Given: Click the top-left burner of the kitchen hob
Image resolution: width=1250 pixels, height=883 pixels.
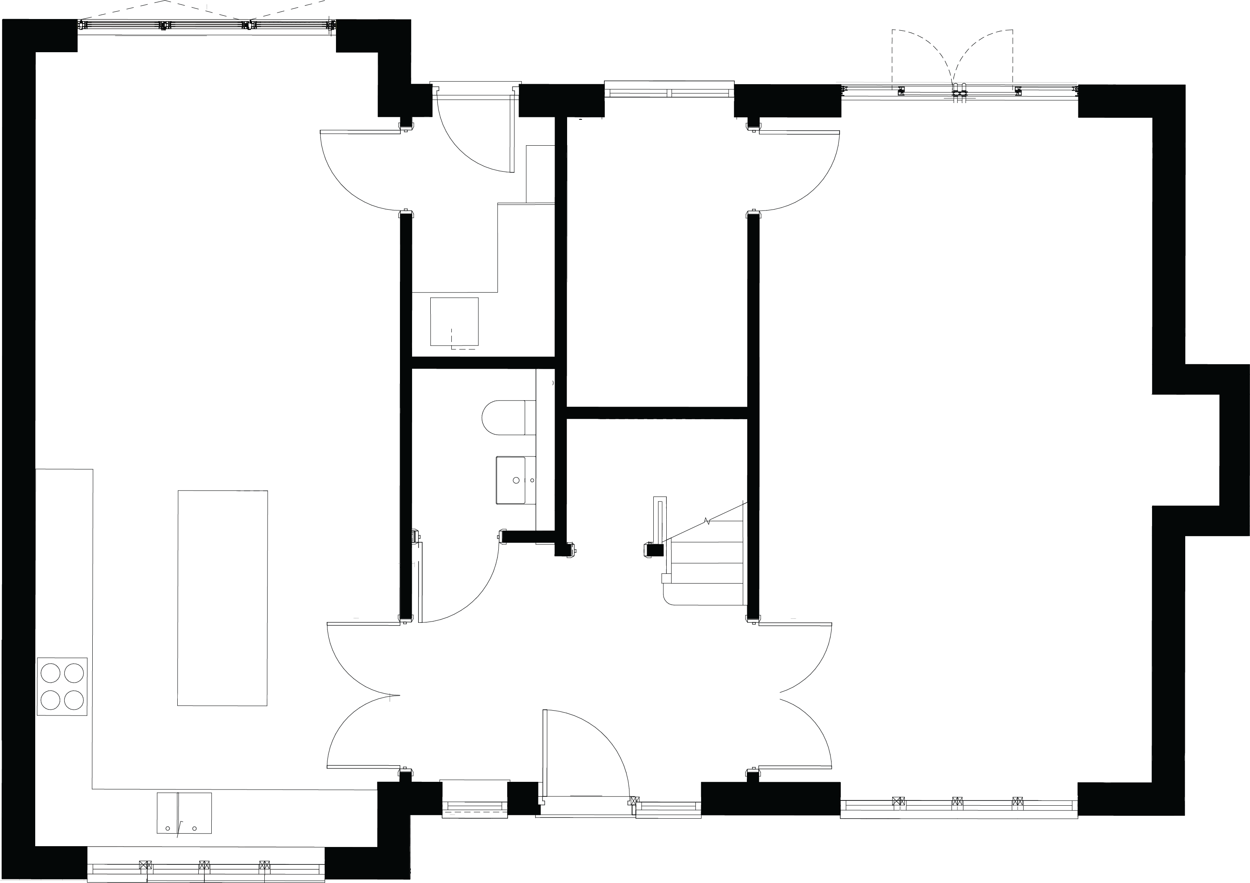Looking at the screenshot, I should (51, 673).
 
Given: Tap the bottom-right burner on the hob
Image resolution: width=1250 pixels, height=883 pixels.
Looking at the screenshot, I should (74, 700).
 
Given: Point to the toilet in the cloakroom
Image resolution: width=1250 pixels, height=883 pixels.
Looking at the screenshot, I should (504, 418).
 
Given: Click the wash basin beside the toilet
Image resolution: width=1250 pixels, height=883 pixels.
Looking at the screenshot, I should (511, 480).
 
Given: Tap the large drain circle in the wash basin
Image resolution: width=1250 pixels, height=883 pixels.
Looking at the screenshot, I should (516, 480).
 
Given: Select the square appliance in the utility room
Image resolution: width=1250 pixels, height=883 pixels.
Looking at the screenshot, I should (454, 321).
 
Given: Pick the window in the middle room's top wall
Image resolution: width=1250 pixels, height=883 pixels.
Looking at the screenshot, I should (669, 89).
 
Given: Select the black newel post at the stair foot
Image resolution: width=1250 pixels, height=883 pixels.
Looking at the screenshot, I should (653, 550).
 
